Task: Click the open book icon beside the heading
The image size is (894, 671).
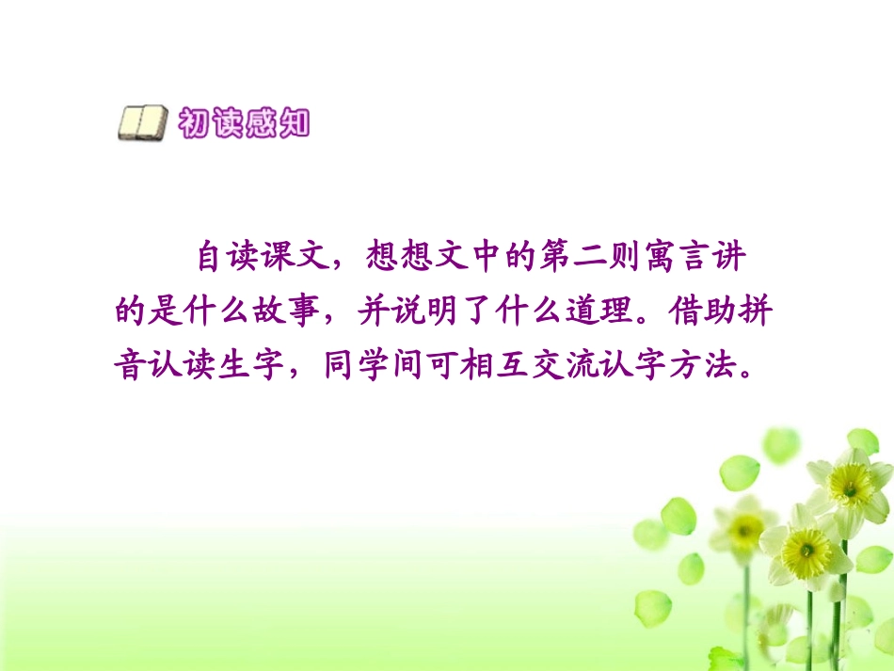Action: (x=143, y=124)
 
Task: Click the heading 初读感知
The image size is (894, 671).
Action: (x=244, y=123)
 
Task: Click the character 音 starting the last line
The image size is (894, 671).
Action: (x=130, y=365)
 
